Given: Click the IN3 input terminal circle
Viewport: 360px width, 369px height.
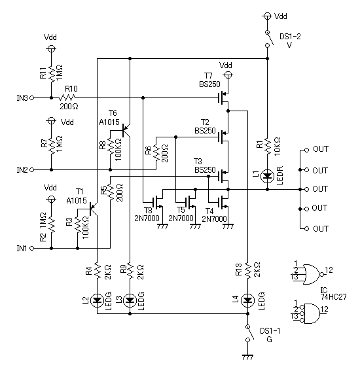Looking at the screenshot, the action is [x=31, y=97].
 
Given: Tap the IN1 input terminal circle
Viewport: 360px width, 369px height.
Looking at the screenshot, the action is [x=31, y=248].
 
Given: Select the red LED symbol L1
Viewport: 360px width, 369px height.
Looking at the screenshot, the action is [x=267, y=176].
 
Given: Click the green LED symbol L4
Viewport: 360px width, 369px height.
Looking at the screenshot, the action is [x=247, y=300].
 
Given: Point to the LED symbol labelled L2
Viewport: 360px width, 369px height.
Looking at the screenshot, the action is [x=97, y=300].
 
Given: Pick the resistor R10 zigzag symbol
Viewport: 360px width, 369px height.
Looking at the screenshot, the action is [x=67, y=97].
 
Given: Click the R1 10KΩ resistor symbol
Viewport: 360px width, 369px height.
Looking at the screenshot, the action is [x=267, y=146].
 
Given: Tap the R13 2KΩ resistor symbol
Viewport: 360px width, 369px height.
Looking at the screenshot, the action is [x=247, y=270].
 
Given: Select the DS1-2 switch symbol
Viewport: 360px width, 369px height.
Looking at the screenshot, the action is [x=269, y=39].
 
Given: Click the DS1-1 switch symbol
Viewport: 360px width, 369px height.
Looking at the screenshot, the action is [x=249, y=333].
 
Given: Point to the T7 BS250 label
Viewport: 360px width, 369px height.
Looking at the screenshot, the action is [x=209, y=80].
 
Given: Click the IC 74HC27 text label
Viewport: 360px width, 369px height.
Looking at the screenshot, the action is [x=334, y=294].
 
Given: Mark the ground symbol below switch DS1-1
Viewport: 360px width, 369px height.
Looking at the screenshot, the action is [x=247, y=357].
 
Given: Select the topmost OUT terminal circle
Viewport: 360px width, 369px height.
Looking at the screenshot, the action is [x=306, y=150].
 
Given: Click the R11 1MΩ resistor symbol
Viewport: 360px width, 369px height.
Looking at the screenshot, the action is [x=51, y=73].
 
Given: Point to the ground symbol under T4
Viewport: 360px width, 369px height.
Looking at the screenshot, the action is [x=228, y=226].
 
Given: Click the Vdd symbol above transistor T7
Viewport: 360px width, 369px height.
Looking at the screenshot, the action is [x=227, y=75].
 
